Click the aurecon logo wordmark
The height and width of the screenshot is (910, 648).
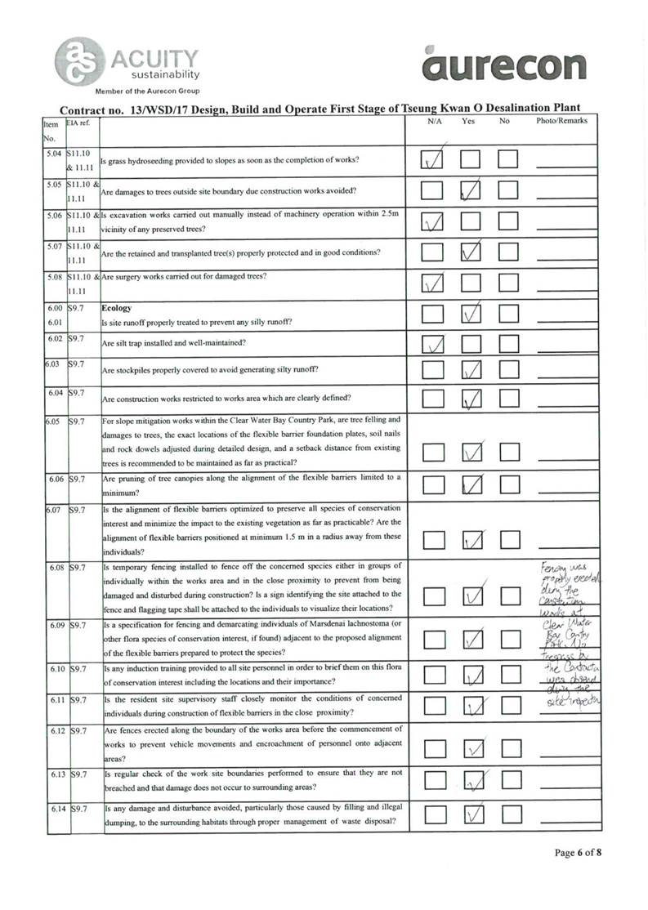point(505,65)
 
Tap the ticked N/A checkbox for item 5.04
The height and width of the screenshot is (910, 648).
point(432,160)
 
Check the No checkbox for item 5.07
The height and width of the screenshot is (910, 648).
point(508,252)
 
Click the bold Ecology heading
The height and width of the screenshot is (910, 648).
point(116,310)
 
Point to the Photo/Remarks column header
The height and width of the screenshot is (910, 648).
point(561,121)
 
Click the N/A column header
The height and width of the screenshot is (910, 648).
point(435,121)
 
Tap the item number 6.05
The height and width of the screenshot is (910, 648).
point(54,422)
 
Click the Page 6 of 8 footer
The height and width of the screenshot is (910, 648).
point(578,853)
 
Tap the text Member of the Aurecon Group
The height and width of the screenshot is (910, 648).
point(147,91)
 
